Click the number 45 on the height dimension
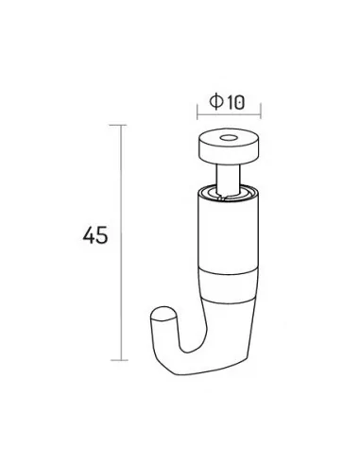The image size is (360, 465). click(95, 235)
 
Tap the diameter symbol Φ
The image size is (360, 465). click(216, 101)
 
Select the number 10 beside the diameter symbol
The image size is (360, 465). click(235, 103)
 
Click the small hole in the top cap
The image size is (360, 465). click(229, 138)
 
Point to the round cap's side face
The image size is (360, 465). click(229, 154)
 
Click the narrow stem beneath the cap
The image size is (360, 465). click(229, 177)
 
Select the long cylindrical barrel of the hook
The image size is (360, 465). click(229, 234)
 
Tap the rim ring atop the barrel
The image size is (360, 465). click(229, 193)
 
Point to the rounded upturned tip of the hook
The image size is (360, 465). click(163, 314)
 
